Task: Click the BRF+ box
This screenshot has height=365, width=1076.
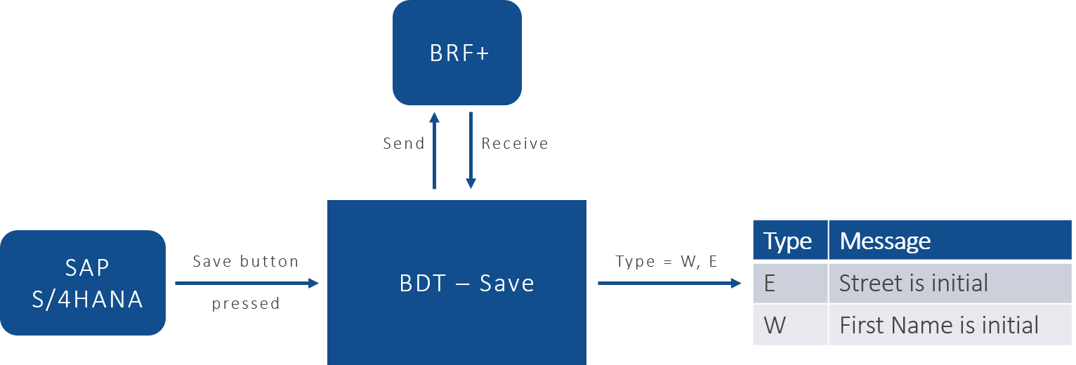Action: pyautogui.click(x=457, y=53)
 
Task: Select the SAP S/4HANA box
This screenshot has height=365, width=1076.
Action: pyautogui.click(x=83, y=283)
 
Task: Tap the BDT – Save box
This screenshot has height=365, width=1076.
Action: pyautogui.click(x=457, y=283)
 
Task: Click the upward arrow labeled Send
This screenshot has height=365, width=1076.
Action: pyautogui.click(x=434, y=151)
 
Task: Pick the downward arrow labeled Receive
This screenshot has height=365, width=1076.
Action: pyautogui.click(x=471, y=151)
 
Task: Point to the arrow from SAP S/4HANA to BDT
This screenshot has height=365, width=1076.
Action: pyautogui.click(x=246, y=283)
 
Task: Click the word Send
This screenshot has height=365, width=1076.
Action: pyautogui.click(x=404, y=144)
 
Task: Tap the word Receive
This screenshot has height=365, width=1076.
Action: pyautogui.click(x=514, y=144)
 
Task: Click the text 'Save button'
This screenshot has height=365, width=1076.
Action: pyautogui.click(x=246, y=262)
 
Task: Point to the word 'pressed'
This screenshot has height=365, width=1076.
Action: pyautogui.click(x=246, y=304)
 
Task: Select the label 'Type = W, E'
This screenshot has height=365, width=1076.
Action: pyautogui.click(x=666, y=262)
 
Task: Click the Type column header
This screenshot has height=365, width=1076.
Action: pyautogui.click(x=788, y=241)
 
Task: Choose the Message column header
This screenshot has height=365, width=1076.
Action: pyautogui.click(x=885, y=241)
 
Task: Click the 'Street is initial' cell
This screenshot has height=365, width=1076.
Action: pyautogui.click(x=913, y=283)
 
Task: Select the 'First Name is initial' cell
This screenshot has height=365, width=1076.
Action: pyautogui.click(x=939, y=325)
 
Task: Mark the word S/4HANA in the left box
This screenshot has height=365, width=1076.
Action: pyautogui.click(x=87, y=300)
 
